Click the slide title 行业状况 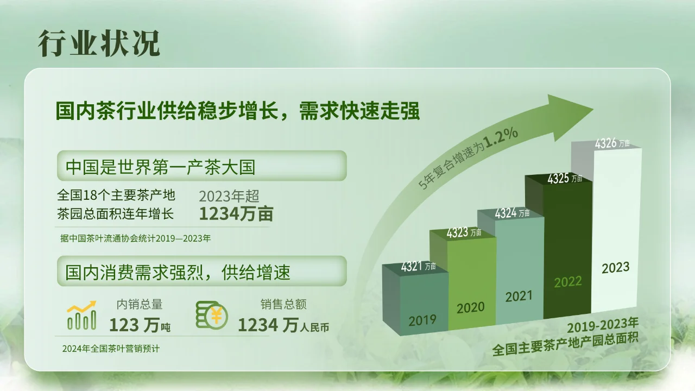(99, 44)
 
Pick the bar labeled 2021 (519, 272)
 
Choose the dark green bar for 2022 (567, 250)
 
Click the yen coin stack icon (211, 315)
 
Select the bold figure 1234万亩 (236, 214)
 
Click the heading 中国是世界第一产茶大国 (160, 167)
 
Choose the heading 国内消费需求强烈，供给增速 (178, 272)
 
